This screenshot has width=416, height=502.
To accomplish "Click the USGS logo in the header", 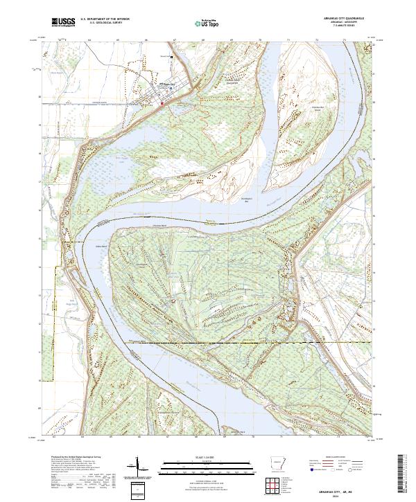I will (63, 22).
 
